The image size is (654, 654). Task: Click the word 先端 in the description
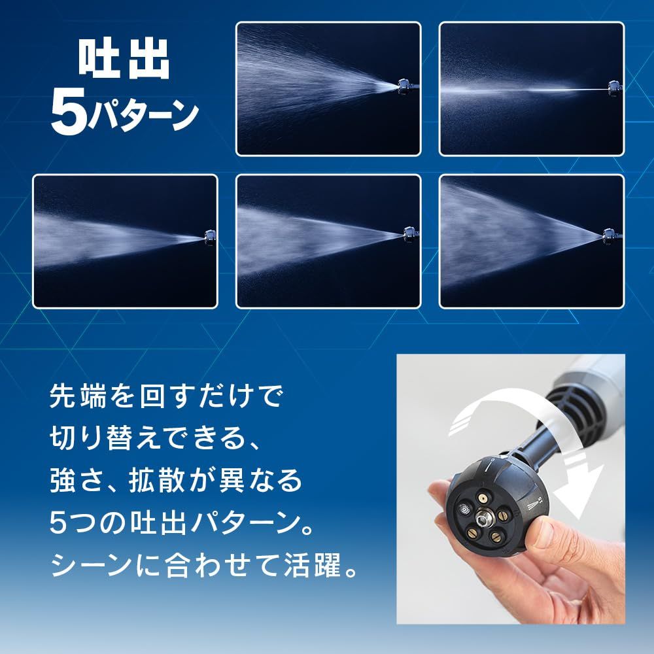(75, 396)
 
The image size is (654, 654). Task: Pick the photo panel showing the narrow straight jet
(531, 89)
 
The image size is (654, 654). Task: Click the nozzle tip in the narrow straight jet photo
(613, 85)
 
